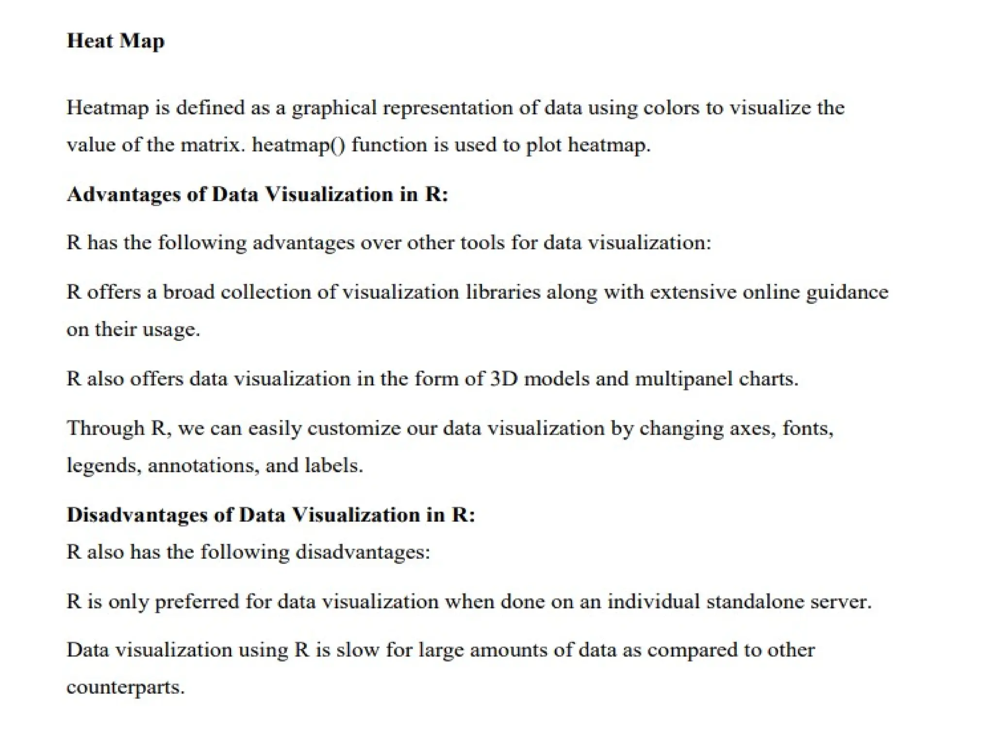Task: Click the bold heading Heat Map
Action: coord(116,41)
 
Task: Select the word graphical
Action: coord(334,108)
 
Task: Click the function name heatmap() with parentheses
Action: coord(298,145)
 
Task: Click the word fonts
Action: coord(808,428)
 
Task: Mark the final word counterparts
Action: coord(125,687)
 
